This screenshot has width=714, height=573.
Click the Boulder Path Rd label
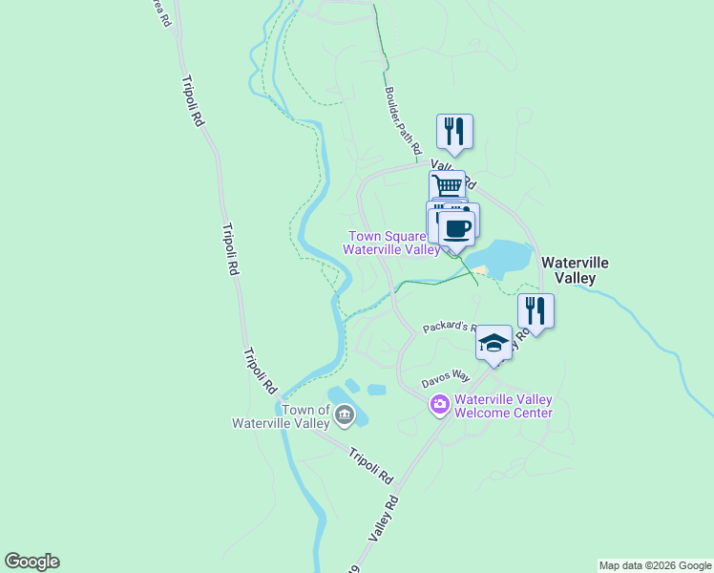coord(403,121)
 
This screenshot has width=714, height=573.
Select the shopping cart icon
coord(447,185)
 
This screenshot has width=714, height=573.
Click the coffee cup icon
coord(457,228)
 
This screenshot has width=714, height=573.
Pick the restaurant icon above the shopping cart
coord(455,131)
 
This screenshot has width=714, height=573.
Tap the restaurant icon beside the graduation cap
coord(535,309)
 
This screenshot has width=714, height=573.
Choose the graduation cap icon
coord(493,342)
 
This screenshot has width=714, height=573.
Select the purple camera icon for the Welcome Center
coord(439,405)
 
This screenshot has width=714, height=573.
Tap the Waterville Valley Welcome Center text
coord(503,406)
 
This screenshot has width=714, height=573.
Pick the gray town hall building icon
coord(345,414)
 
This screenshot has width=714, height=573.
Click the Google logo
coord(31,562)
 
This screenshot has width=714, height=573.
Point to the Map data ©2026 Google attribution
coord(655,565)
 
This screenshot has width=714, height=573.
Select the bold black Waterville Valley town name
coord(575,269)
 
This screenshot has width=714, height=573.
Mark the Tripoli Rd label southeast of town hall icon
coord(370,465)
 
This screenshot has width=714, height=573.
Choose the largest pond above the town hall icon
coord(338,395)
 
